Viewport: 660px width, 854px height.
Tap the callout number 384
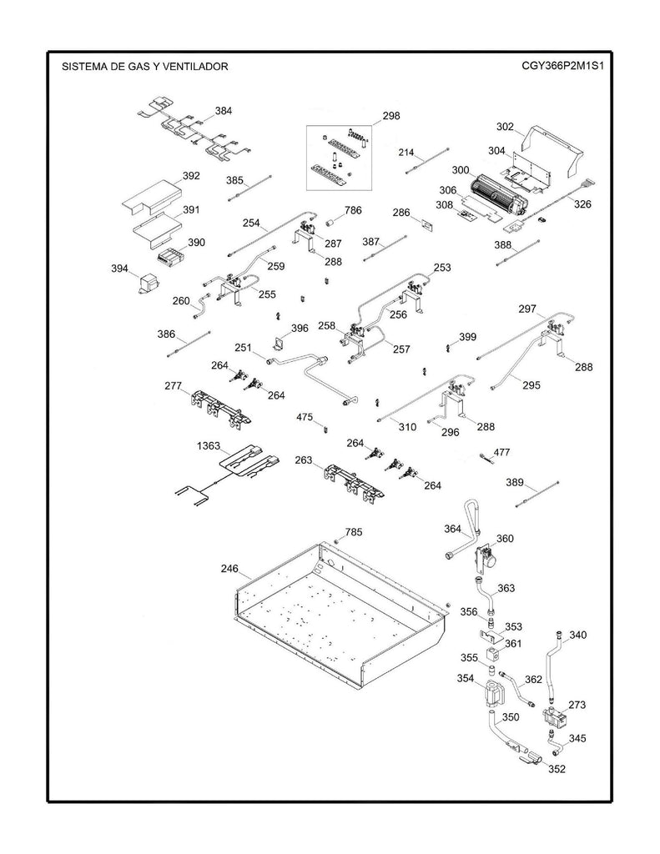tap(224, 110)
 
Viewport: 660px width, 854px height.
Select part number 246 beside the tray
tap(229, 570)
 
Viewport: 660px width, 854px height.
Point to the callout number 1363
tap(209, 445)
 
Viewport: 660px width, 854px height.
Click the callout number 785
tap(354, 531)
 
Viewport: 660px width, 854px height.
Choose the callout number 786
tap(353, 211)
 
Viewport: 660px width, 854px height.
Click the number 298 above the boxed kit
tap(391, 116)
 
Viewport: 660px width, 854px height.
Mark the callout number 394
tap(119, 269)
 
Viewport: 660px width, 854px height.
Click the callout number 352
tap(557, 768)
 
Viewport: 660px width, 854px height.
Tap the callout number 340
tap(577, 635)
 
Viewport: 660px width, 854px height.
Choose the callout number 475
tap(305, 416)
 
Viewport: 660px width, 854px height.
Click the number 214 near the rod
tap(406, 153)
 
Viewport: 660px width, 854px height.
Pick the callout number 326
tap(582, 203)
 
